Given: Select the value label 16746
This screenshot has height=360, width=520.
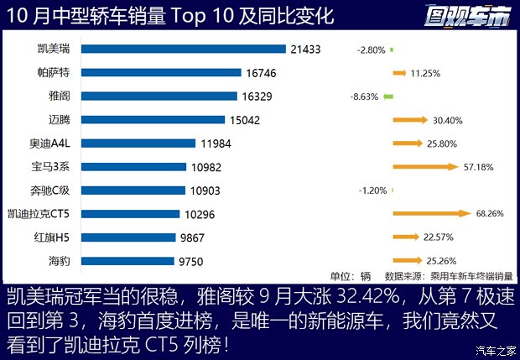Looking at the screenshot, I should coord(260,74).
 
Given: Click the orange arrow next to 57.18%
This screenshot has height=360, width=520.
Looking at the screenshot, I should coord(425,167).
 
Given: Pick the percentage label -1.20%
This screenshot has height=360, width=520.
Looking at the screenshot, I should coord(371,190).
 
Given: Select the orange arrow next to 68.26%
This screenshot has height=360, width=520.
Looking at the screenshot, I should coord(431,214).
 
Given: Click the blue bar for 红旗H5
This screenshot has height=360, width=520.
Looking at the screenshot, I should coord(131,237).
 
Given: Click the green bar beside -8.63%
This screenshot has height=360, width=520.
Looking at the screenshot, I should coord(387,97).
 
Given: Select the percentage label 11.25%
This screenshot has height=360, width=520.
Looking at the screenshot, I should coord(426,74).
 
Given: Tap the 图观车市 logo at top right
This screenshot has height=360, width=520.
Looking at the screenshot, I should coord(467,15).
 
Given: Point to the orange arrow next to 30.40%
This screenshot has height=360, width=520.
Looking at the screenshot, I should coord(408,120).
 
